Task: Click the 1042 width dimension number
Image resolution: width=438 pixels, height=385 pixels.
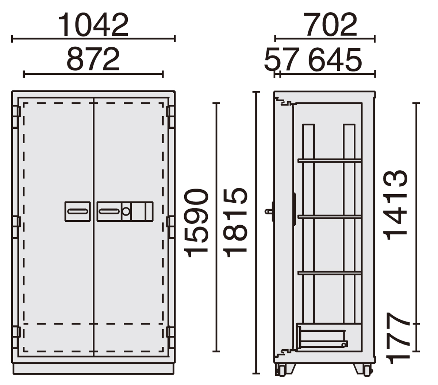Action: coord(93,25)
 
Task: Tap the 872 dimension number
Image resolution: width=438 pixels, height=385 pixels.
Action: coord(93,59)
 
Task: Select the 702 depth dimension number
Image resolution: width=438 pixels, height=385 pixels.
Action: coord(330,24)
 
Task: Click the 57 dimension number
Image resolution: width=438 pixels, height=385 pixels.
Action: coord(282,59)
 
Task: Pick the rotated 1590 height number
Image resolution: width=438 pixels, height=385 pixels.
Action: coord(196,223)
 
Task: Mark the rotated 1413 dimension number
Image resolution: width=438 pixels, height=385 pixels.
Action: coord(395,205)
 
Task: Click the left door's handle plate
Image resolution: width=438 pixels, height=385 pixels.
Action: coord(78,211)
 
